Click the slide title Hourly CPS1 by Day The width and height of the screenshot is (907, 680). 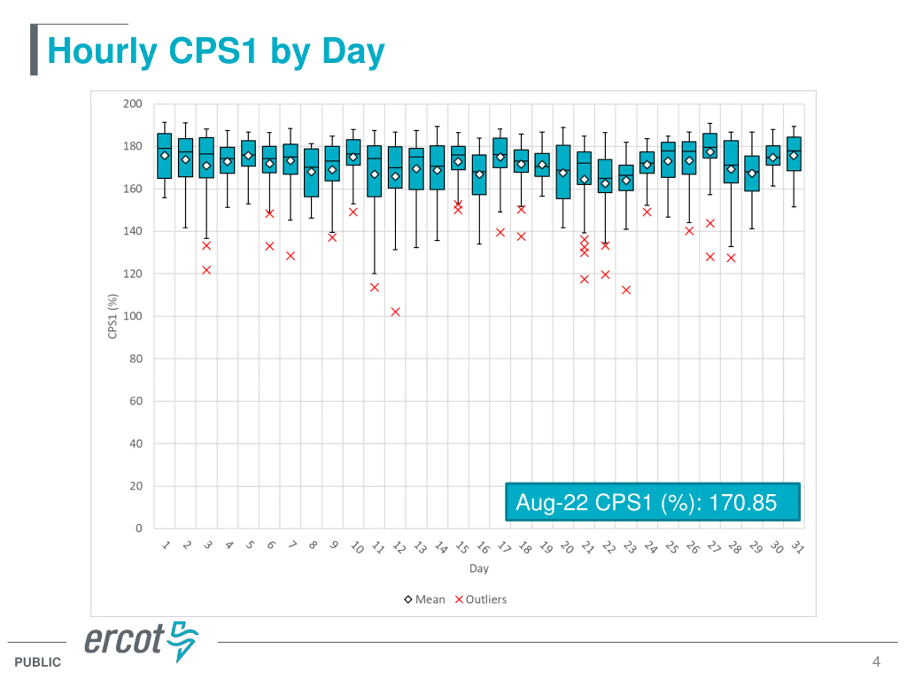click(216, 51)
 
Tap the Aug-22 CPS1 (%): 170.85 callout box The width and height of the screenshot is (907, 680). click(652, 502)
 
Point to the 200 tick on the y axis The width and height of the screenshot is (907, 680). click(133, 104)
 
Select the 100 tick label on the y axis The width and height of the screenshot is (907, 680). click(133, 316)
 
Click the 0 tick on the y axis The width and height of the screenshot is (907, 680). click(139, 528)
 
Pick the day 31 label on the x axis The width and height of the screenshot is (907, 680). click(798, 547)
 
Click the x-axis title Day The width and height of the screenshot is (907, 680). click(479, 568)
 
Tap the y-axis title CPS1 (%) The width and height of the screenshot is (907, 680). click(112, 316)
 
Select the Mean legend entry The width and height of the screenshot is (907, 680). click(425, 600)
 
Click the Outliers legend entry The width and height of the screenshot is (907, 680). click(481, 600)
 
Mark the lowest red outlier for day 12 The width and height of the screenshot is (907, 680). click(395, 312)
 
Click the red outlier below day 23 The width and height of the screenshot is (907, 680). click(626, 290)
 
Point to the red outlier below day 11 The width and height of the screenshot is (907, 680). click(374, 288)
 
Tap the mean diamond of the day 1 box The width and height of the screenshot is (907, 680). click(164, 156)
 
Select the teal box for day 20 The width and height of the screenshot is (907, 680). click(563, 172)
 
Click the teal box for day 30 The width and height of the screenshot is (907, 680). click(773, 156)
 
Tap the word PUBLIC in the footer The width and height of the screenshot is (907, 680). click(38, 662)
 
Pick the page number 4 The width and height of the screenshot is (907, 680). click(876, 662)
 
